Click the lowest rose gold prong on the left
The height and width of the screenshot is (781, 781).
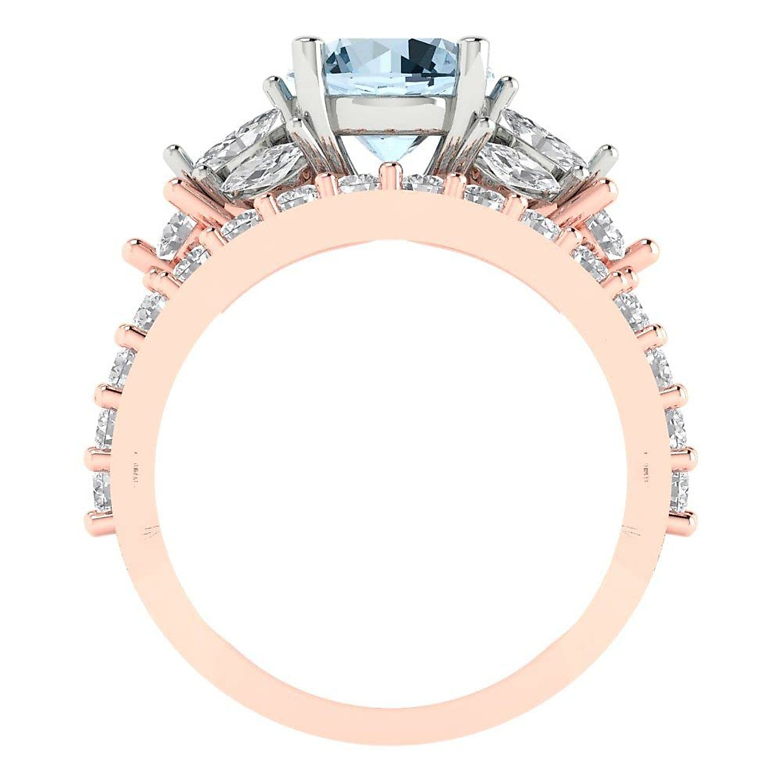coord(98,518)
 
